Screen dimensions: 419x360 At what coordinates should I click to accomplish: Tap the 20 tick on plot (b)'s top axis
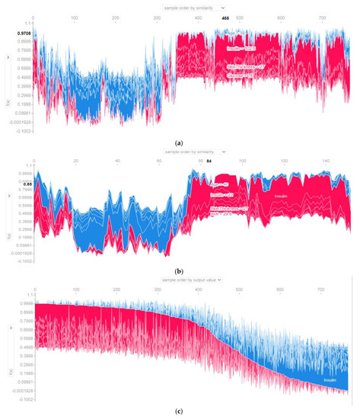pyautogui.click(x=75, y=162)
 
